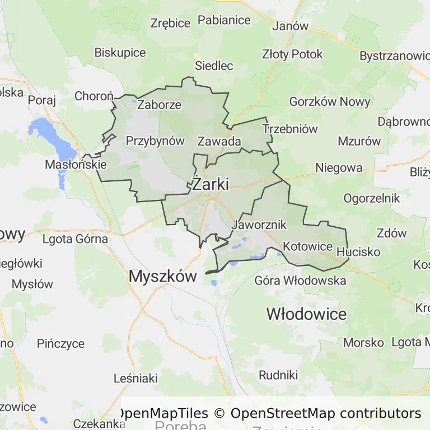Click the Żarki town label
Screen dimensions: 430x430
pyautogui.click(x=210, y=184)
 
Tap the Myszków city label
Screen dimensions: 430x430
pyautogui.click(x=163, y=276)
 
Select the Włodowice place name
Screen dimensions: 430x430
pyautogui.click(x=306, y=314)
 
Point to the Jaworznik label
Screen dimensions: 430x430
pyautogui.click(x=259, y=225)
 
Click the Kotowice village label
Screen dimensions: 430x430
pyautogui.click(x=308, y=246)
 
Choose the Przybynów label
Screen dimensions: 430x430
pyautogui.click(x=155, y=141)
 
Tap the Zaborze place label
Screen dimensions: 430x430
pyautogui.click(x=159, y=105)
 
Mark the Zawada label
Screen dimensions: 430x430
pyautogui.click(x=219, y=141)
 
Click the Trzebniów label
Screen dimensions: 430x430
pyautogui.click(x=290, y=129)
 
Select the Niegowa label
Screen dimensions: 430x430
pyautogui.click(x=339, y=167)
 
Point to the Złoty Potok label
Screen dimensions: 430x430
pyautogui.click(x=292, y=54)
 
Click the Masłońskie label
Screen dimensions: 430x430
pyautogui.click(x=76, y=165)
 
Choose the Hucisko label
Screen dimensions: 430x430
pyautogui.click(x=358, y=252)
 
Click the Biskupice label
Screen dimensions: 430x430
pyautogui.click(x=120, y=53)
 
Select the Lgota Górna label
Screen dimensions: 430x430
pyautogui.click(x=75, y=239)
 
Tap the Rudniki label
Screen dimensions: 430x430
pyautogui.click(x=278, y=375)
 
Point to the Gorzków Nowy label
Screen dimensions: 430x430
pyautogui.click(x=330, y=101)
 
